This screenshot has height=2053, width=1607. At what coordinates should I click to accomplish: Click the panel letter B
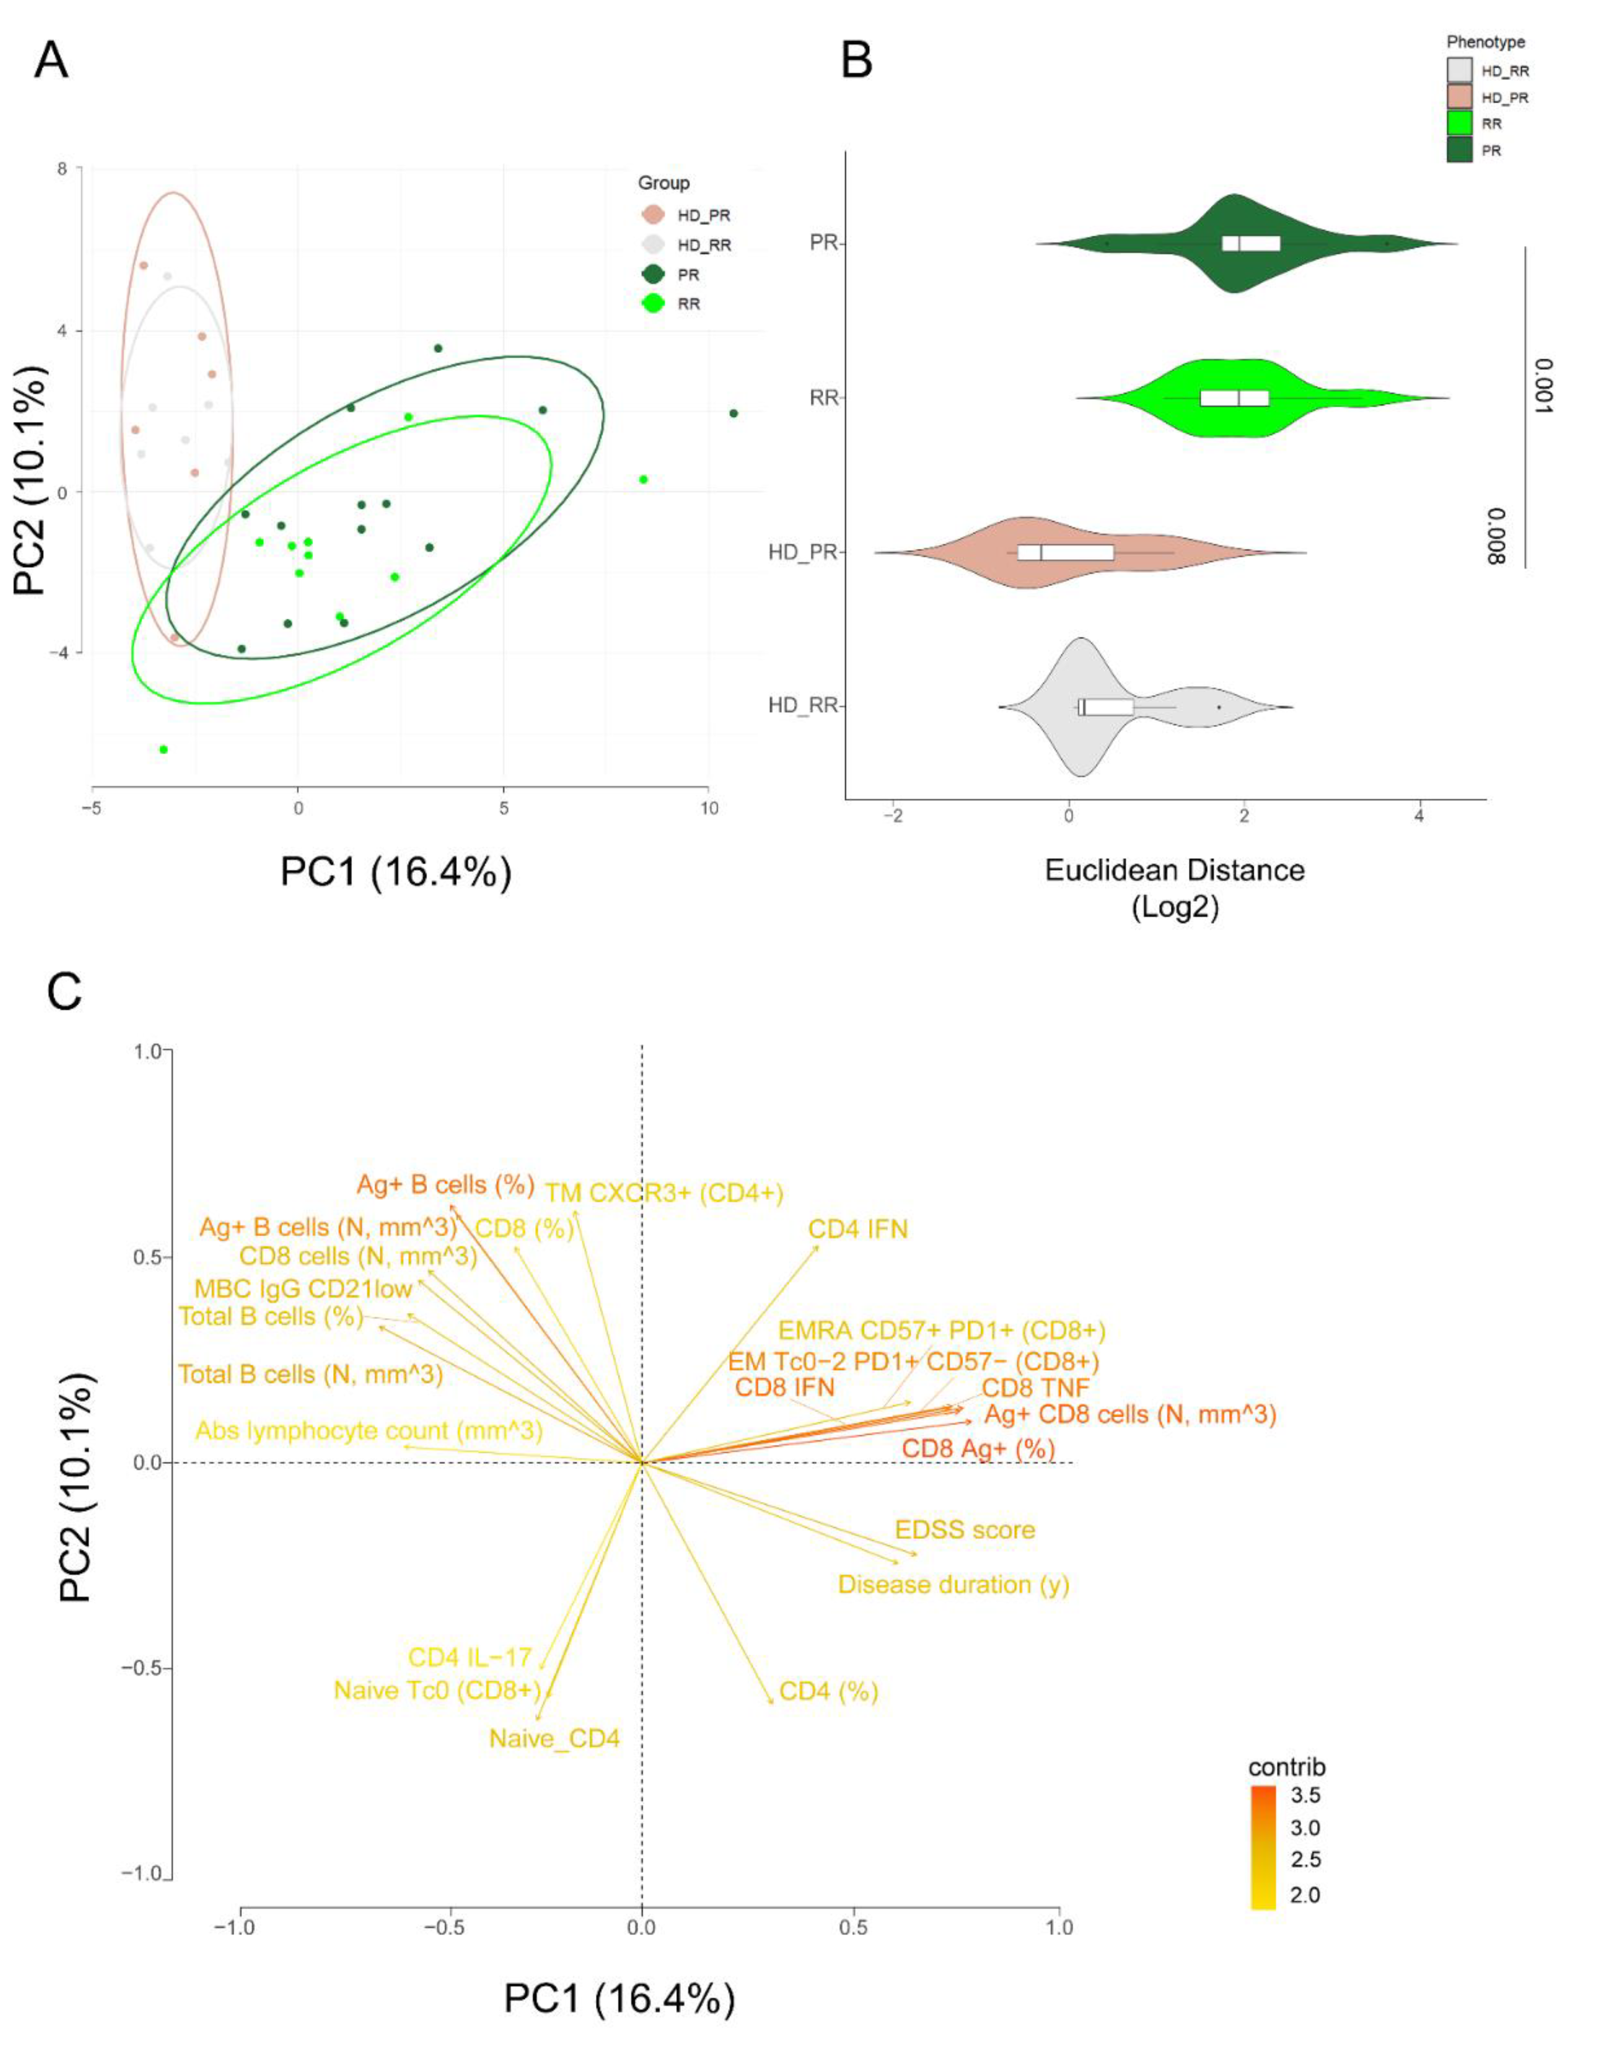(856, 62)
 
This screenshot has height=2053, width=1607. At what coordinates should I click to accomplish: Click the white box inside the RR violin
(1234, 398)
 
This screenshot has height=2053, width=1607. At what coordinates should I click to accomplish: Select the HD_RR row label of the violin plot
(803, 706)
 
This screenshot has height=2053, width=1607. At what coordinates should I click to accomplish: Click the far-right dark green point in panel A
(733, 413)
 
